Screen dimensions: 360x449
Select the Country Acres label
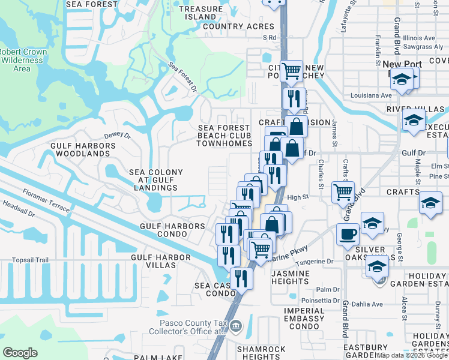[x=238, y=26]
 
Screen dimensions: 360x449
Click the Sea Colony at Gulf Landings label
[x=153, y=180]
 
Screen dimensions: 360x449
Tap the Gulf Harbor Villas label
[x=160, y=262]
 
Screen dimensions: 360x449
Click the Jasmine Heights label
[x=291, y=278]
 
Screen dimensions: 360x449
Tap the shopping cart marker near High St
[x=343, y=192]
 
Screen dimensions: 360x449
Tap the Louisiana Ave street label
[x=372, y=95]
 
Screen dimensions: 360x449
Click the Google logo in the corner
[x=20, y=353]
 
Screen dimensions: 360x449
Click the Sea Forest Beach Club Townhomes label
[x=224, y=136]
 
